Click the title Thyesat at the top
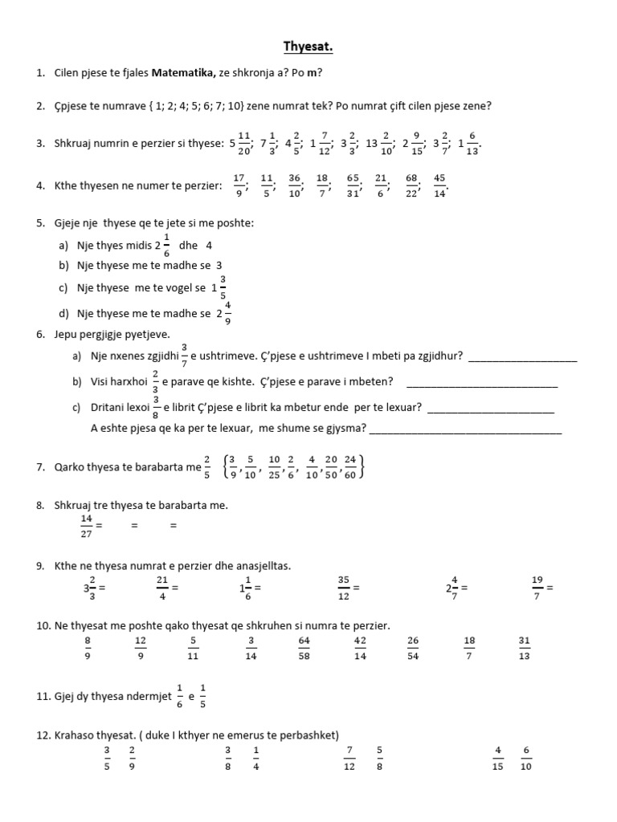pyautogui.click(x=308, y=48)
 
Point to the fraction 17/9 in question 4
pyautogui.click(x=239, y=185)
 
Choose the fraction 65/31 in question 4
pyautogui.click(x=353, y=185)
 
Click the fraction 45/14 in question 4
pyautogui.click(x=439, y=185)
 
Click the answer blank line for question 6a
pyautogui.click(x=522, y=356)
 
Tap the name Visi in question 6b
pyautogui.click(x=104, y=381)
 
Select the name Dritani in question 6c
pyautogui.click(x=110, y=407)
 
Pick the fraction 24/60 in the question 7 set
pyautogui.click(x=350, y=466)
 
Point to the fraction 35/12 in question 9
pyautogui.click(x=344, y=588)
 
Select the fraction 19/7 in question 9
pyautogui.click(x=538, y=588)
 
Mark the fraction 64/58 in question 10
pyautogui.click(x=304, y=648)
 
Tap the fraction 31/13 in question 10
pyautogui.click(x=525, y=648)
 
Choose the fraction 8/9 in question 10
pyautogui.click(x=88, y=648)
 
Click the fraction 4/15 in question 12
pyautogui.click(x=498, y=758)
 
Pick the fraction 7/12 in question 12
pyautogui.click(x=349, y=758)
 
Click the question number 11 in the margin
pyautogui.click(x=43, y=698)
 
